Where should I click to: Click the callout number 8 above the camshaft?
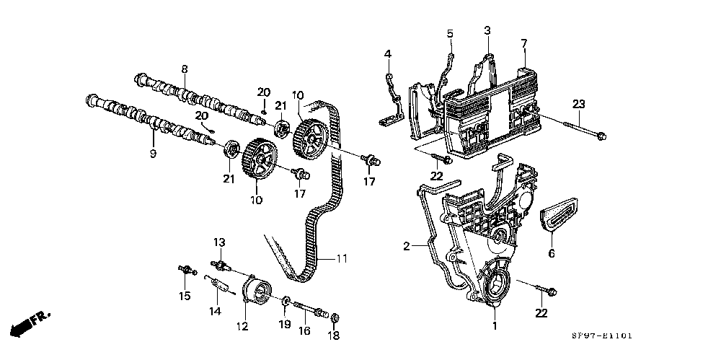pyautogui.click(x=185, y=69)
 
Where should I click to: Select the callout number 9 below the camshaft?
pyautogui.click(x=153, y=153)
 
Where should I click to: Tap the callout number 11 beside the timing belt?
pyautogui.click(x=341, y=259)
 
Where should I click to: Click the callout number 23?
pyautogui.click(x=579, y=105)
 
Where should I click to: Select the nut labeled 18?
pyautogui.click(x=335, y=317)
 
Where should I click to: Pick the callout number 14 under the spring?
pyautogui.click(x=215, y=312)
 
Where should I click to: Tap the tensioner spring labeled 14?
pyautogui.click(x=220, y=286)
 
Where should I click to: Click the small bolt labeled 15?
pyautogui.click(x=187, y=271)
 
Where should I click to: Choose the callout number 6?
pyautogui.click(x=552, y=253)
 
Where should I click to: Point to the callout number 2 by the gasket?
pyautogui.click(x=406, y=247)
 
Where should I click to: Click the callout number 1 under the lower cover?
pyautogui.click(x=495, y=326)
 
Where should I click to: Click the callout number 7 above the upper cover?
pyautogui.click(x=523, y=44)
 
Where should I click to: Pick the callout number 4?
pyautogui.click(x=388, y=54)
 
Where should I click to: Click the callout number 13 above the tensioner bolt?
pyautogui.click(x=219, y=242)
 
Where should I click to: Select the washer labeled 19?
pyautogui.click(x=285, y=302)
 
